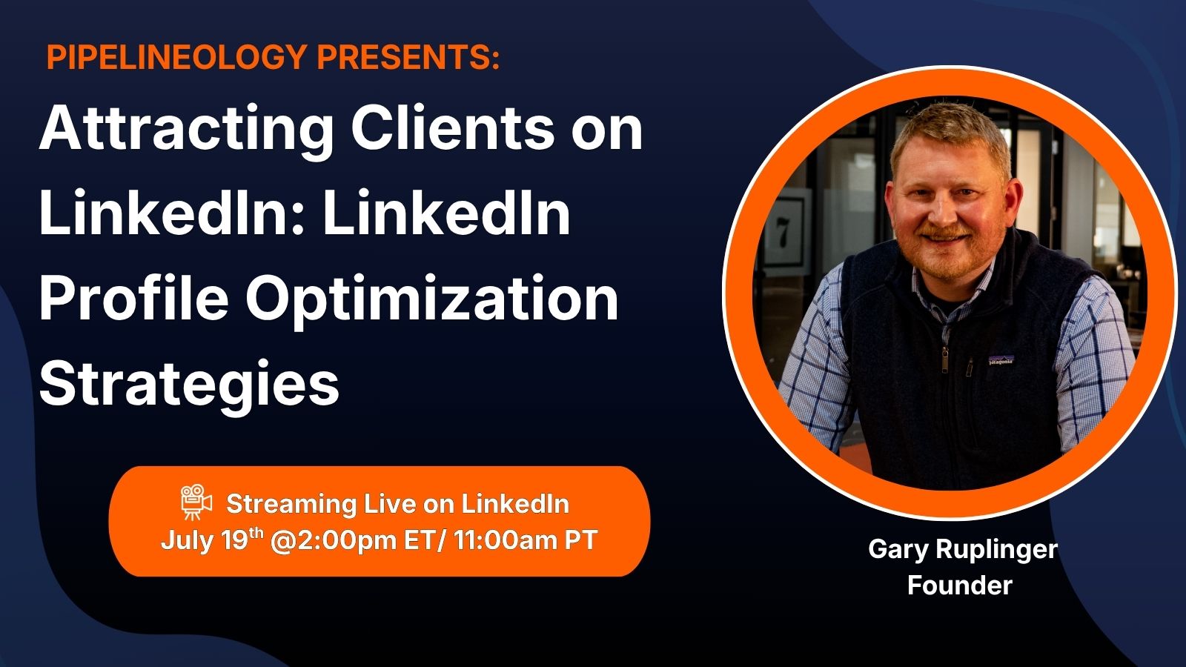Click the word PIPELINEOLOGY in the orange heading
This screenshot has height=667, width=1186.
pos(177,56)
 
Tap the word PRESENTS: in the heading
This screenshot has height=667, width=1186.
pos(408,56)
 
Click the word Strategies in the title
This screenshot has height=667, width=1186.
pos(189,385)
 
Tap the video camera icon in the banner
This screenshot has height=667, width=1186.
pos(196,501)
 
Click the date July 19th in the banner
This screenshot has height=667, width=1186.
pos(212,541)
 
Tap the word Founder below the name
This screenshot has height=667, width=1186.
pos(960,585)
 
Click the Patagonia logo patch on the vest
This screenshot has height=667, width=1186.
pos(1001,360)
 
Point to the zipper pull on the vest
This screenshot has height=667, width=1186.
pos(944,360)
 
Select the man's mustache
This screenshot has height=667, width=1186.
pos(945,232)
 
